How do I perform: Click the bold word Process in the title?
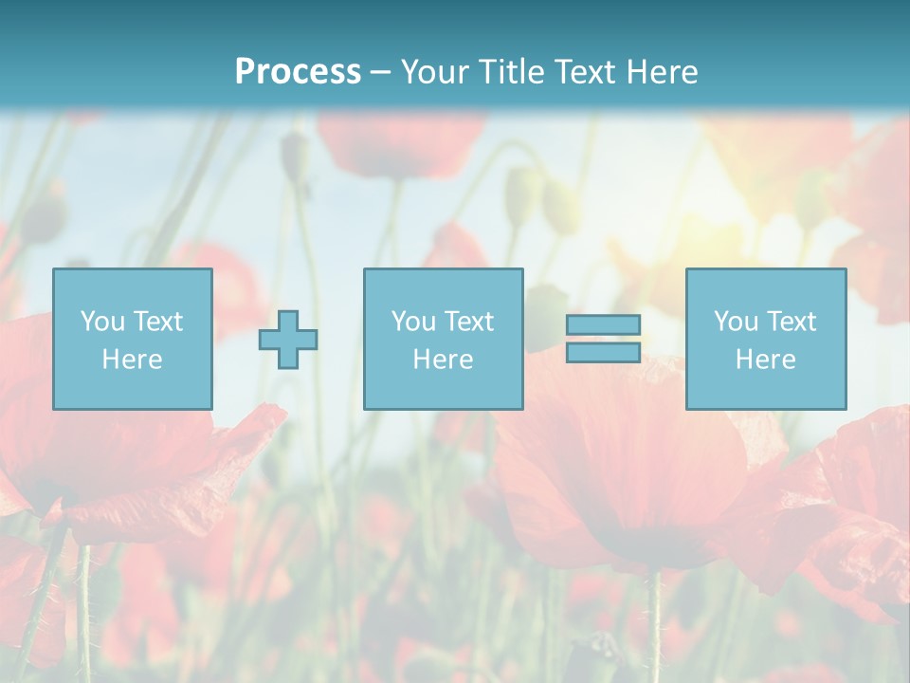(x=298, y=72)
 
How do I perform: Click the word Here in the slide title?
(x=664, y=72)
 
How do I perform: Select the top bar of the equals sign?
(x=603, y=324)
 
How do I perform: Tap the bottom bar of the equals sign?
(x=603, y=353)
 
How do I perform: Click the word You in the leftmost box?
(x=101, y=322)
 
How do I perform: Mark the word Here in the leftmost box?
(x=132, y=360)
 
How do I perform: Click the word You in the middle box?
(x=412, y=322)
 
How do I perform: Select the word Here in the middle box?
(x=443, y=360)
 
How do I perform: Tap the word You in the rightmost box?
(x=735, y=322)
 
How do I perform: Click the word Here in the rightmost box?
(x=765, y=360)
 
